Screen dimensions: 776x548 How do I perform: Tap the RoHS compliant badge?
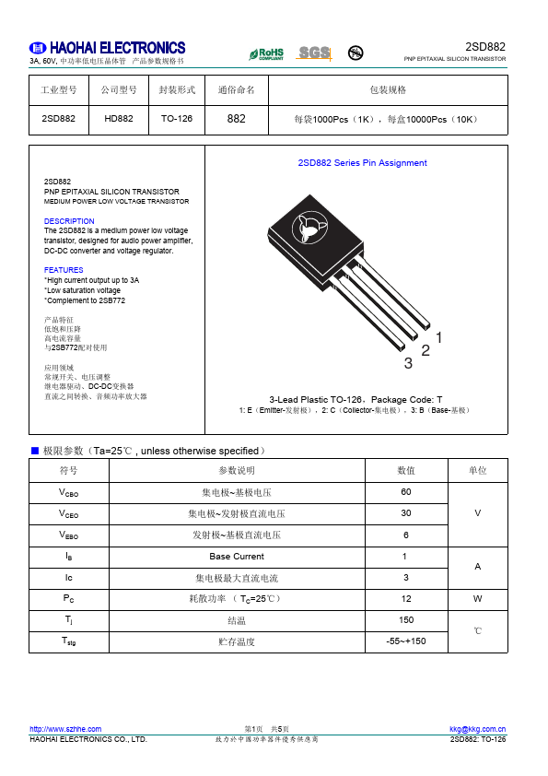pyautogui.click(x=266, y=53)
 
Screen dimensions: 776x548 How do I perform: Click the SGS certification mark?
pyautogui.click(x=313, y=53)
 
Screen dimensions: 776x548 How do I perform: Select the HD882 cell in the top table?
pyautogui.click(x=119, y=119)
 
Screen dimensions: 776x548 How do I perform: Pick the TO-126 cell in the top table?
pyautogui.click(x=177, y=119)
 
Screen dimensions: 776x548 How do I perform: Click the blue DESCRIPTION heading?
pyautogui.click(x=69, y=221)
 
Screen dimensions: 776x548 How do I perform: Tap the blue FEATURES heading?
pyautogui.click(x=64, y=270)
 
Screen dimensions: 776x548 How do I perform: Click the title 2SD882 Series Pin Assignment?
pyautogui.click(x=362, y=163)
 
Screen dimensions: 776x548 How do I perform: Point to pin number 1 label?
pyautogui.click(x=439, y=338)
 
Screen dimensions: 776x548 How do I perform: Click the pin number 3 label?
pyautogui.click(x=408, y=363)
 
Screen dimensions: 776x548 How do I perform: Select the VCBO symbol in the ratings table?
pyautogui.click(x=68, y=492)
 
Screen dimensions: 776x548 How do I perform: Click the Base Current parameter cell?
pyautogui.click(x=236, y=557)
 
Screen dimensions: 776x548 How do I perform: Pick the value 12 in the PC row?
pyautogui.click(x=405, y=599)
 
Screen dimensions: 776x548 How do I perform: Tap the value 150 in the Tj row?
pyautogui.click(x=405, y=620)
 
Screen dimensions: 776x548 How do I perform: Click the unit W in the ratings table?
pyautogui.click(x=477, y=599)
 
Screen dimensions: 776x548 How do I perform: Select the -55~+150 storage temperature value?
pyautogui.click(x=405, y=641)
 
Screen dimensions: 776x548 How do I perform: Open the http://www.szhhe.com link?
pyautogui.click(x=60, y=729)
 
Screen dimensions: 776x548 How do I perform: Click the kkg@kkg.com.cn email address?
pyautogui.click(x=477, y=729)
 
